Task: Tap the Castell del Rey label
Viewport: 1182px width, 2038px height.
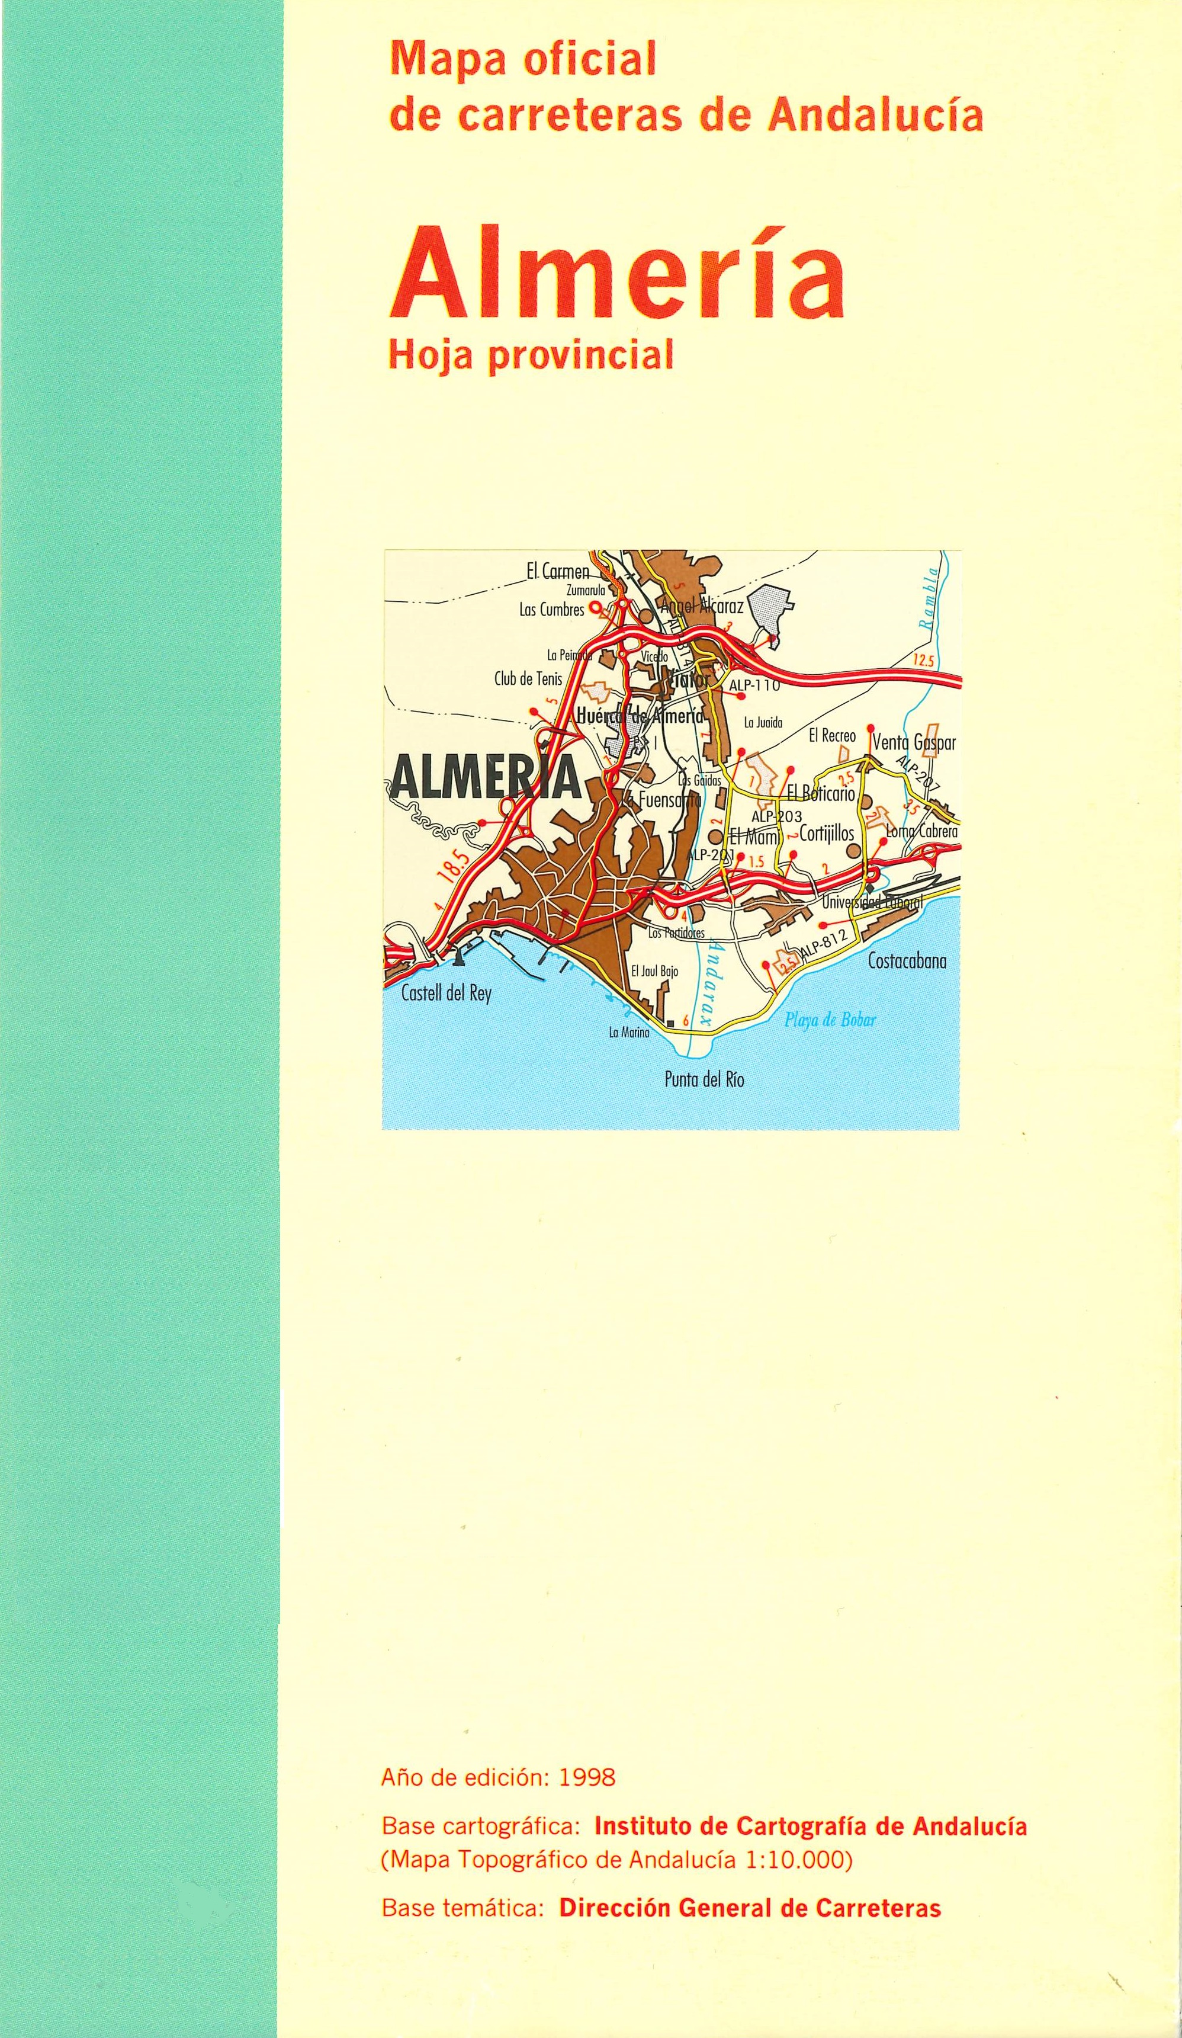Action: tap(447, 994)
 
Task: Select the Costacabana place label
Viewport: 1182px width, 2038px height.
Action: tap(906, 962)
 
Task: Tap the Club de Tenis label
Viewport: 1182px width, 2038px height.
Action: tap(528, 680)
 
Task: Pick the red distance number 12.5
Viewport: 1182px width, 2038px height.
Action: tap(923, 661)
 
